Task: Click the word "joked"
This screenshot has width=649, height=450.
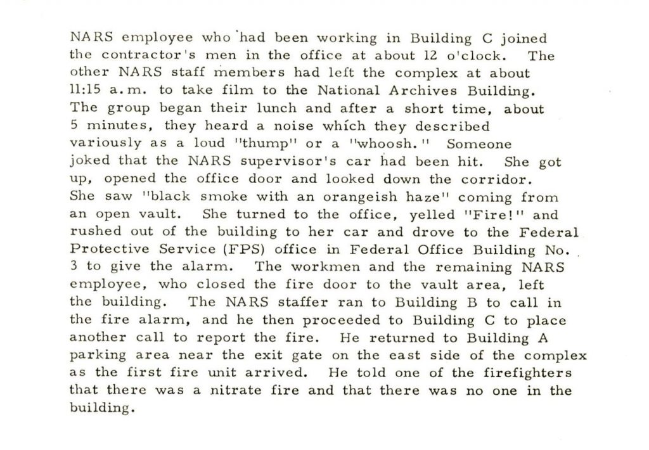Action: click(x=87, y=162)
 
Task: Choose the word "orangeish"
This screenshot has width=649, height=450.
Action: click(x=331, y=196)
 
